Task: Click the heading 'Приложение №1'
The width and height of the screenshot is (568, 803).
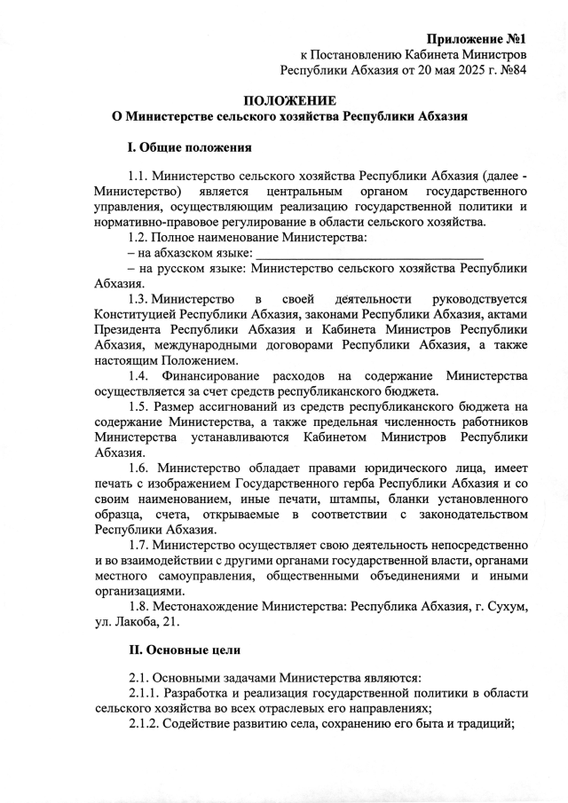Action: point(477,39)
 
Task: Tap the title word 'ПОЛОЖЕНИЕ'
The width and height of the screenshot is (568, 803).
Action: point(289,101)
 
